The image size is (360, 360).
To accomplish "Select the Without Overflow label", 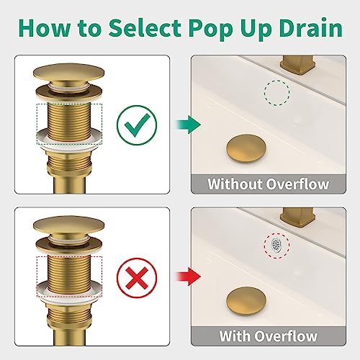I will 268,184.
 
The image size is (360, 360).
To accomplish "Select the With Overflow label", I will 268,336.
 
